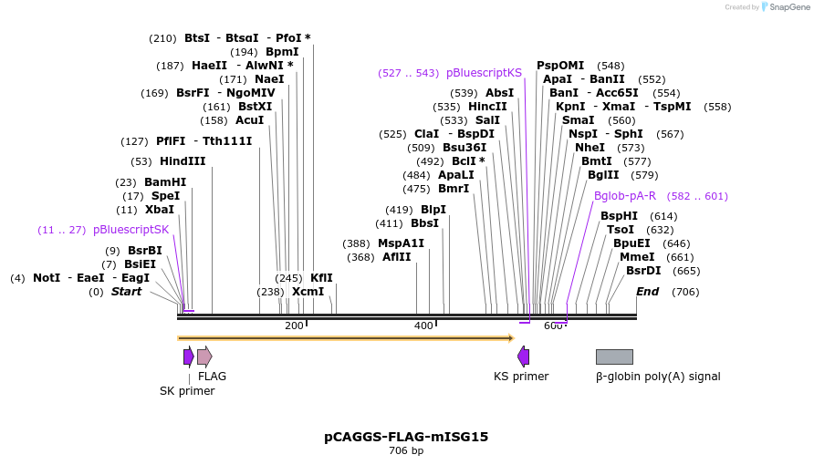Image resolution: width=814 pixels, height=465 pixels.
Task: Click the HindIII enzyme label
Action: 183,161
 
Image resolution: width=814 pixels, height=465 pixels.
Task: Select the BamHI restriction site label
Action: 165,182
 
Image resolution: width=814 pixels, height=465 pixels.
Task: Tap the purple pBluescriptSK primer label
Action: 131,230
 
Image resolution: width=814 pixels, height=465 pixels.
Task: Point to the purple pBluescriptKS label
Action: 484,72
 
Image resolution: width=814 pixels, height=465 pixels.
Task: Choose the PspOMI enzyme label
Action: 560,66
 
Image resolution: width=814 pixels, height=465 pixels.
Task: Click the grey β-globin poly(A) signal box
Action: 614,356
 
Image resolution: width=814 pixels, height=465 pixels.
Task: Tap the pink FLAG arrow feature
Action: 204,356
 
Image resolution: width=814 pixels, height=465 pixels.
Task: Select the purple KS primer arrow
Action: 523,356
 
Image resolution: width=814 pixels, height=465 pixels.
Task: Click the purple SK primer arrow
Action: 188,356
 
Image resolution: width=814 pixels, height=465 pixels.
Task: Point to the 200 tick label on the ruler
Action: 294,326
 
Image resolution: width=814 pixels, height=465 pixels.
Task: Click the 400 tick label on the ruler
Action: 423,326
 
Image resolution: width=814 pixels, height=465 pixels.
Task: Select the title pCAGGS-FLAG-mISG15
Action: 406,437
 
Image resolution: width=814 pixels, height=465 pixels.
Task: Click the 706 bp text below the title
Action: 406,450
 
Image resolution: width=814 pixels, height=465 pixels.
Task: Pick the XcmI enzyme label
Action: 308,292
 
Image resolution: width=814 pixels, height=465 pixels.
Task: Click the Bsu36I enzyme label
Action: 464,148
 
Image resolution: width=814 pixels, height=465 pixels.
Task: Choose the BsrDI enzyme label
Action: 643,271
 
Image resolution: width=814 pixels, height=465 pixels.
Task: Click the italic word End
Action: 647,292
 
